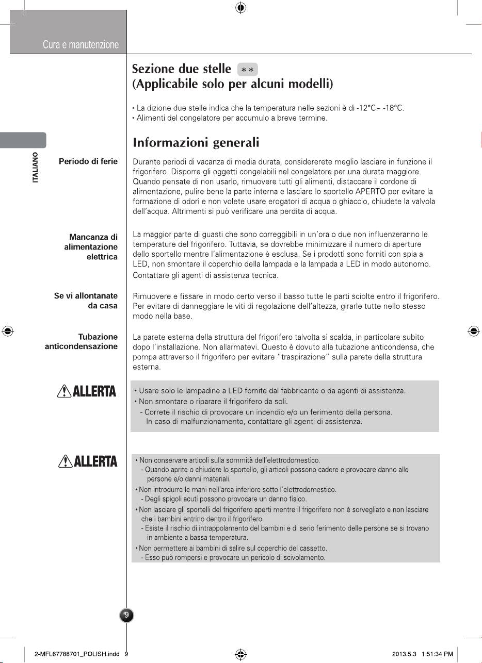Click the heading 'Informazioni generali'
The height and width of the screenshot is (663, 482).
(196, 142)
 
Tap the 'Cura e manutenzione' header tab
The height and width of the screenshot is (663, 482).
(81, 45)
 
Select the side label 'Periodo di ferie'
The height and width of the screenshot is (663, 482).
(88, 161)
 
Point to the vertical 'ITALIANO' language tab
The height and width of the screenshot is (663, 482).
(35, 168)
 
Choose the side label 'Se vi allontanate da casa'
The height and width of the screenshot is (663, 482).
(86, 301)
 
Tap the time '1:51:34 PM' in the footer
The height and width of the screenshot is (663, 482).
(438, 654)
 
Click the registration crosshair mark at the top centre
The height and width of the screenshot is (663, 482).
(240, 8)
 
